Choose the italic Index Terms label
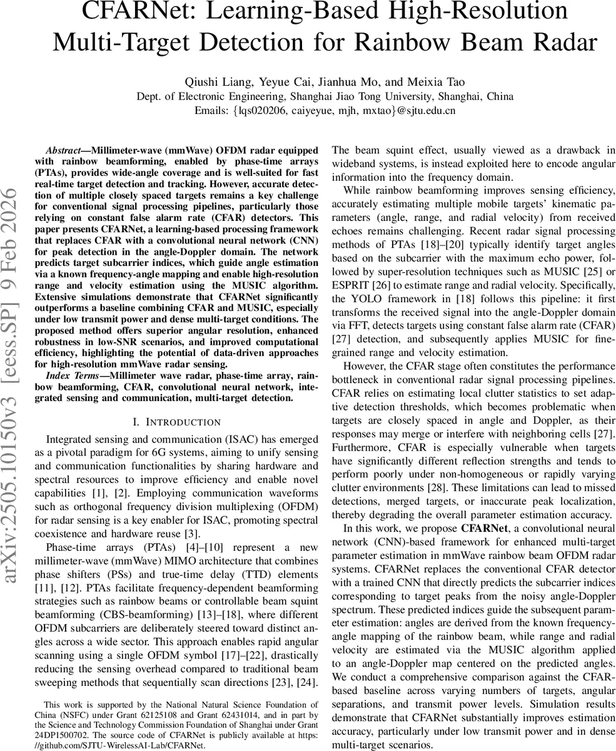73,375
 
